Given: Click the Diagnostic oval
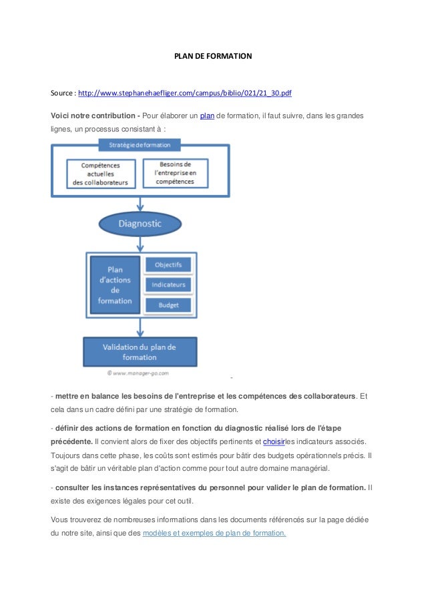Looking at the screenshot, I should click(x=140, y=224).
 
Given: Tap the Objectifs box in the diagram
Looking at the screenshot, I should click(x=168, y=265).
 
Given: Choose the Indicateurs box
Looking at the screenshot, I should click(x=168, y=284).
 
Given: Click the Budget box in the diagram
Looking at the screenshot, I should click(x=168, y=305).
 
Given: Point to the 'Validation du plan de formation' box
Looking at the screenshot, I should click(x=140, y=352).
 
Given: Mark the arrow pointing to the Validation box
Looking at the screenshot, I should click(x=140, y=328).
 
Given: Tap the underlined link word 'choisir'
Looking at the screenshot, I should click(x=274, y=441).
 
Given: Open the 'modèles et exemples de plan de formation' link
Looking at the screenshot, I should click(x=214, y=532).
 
